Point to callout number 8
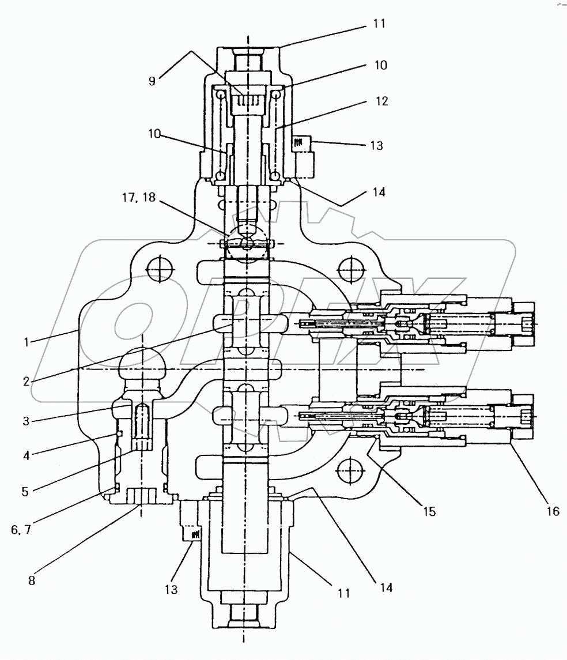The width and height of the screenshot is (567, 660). [x=32, y=580]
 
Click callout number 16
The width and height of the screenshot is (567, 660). [x=552, y=511]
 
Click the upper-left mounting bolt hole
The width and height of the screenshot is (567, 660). [x=159, y=267]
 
